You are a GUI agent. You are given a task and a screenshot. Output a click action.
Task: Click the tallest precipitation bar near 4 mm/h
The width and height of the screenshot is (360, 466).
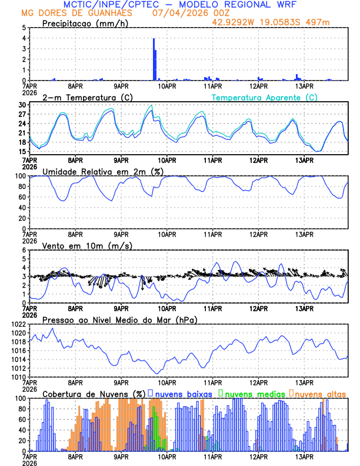click(x=154, y=59)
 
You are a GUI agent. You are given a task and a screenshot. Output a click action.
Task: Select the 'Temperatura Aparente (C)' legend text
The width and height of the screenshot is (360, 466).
click(x=264, y=97)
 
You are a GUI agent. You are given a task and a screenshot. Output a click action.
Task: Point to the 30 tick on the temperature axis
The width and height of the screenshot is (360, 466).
click(x=22, y=105)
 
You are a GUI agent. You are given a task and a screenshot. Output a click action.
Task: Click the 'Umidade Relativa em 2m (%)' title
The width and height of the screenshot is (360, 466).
click(x=103, y=171)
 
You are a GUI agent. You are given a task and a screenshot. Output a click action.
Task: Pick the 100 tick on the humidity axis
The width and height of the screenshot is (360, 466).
click(x=20, y=176)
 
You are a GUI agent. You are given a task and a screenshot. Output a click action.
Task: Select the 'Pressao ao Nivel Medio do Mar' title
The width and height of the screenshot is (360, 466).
click(x=119, y=319)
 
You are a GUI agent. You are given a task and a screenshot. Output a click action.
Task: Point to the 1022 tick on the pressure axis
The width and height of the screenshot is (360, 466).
click(x=18, y=324)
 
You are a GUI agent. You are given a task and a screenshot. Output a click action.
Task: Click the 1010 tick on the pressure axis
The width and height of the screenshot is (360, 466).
click(x=18, y=377)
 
